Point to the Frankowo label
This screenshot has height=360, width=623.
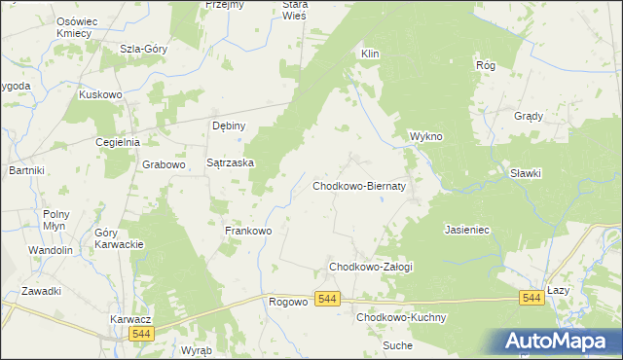pyautogui.click(x=247, y=231)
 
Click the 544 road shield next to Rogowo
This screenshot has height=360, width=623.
pyautogui.click(x=328, y=301)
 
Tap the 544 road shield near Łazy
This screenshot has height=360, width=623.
pyautogui.click(x=531, y=297)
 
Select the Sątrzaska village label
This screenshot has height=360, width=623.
pyautogui.click(x=231, y=163)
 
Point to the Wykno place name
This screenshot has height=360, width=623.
pyautogui.click(x=426, y=136)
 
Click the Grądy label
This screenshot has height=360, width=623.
pyautogui.click(x=528, y=116)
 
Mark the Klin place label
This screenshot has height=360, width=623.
pyautogui.click(x=370, y=54)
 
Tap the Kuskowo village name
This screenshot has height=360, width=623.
pyautogui.click(x=99, y=94)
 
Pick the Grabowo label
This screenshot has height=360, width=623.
pyautogui.click(x=164, y=164)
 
